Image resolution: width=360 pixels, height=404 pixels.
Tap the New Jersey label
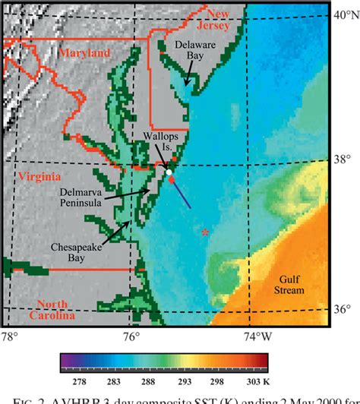coord(225,20)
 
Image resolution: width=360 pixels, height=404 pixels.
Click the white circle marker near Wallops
coord(169,172)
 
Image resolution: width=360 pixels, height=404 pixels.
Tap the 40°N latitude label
coord(345,14)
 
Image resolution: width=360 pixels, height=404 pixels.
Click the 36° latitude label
coord(343,309)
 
